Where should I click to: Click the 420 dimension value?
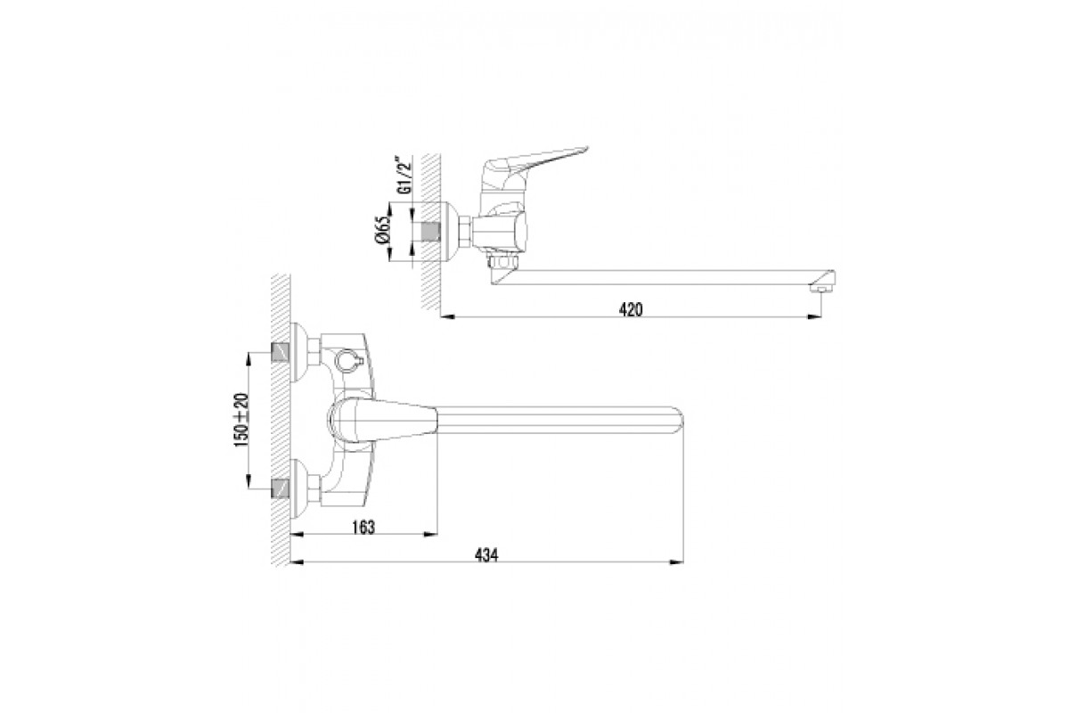coord(631,310)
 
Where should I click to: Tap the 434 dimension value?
coord(486,555)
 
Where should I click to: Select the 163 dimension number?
coord(363,528)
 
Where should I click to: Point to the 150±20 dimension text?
coord(242,420)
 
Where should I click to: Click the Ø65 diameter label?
coord(383,230)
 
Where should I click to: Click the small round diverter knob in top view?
coord(344,359)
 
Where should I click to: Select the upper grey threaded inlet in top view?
coord(280,352)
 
